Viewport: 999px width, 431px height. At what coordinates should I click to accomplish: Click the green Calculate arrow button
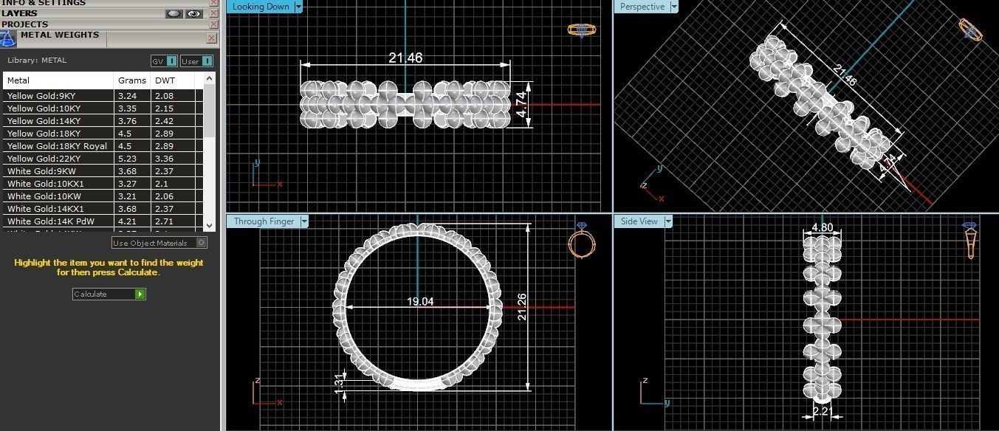click(x=140, y=294)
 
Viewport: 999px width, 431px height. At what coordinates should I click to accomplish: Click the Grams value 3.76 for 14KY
click(x=126, y=121)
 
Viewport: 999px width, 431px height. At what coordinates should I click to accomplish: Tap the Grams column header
click(x=127, y=80)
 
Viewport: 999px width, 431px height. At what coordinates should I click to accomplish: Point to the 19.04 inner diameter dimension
click(x=419, y=301)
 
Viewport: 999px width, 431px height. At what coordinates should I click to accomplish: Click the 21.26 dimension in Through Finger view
click(x=523, y=306)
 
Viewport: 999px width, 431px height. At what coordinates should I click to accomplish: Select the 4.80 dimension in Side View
click(x=822, y=228)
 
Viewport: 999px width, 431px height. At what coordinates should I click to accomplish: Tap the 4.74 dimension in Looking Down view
click(x=521, y=105)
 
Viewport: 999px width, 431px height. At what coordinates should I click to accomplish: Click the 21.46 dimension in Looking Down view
click(x=405, y=58)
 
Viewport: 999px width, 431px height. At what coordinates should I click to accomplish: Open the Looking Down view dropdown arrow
click(x=298, y=7)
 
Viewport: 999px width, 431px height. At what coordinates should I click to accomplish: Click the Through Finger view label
click(x=264, y=221)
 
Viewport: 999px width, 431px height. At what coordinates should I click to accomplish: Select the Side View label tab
click(x=639, y=221)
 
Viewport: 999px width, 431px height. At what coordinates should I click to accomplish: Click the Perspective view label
click(x=642, y=7)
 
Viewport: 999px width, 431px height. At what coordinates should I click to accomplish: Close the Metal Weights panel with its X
click(x=211, y=38)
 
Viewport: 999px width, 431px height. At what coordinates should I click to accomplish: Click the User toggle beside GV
click(x=196, y=61)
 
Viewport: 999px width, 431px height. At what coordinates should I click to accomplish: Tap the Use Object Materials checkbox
click(x=202, y=243)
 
